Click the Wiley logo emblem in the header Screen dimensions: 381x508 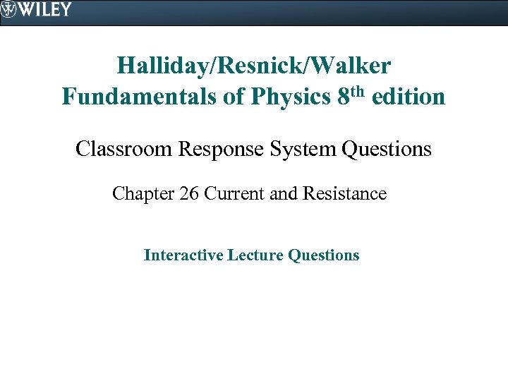(x=9, y=9)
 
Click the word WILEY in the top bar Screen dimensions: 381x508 (x=46, y=9)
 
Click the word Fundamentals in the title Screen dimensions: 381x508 (x=137, y=96)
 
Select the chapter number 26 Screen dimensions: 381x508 (x=189, y=193)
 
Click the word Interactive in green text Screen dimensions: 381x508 (x=183, y=255)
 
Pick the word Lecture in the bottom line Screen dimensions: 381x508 (x=256, y=255)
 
